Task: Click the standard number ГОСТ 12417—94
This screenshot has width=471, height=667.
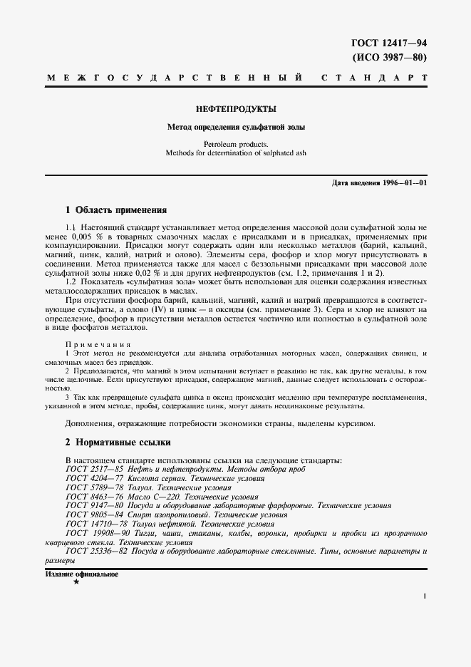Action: pyautogui.click(x=390, y=44)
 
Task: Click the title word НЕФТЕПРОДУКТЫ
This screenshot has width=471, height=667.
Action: pyautogui.click(x=235, y=109)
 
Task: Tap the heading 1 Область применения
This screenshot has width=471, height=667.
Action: pyautogui.click(x=115, y=210)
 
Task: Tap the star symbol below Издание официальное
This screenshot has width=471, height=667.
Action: pyautogui.click(x=76, y=582)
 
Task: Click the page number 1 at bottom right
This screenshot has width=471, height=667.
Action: pyautogui.click(x=425, y=596)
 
